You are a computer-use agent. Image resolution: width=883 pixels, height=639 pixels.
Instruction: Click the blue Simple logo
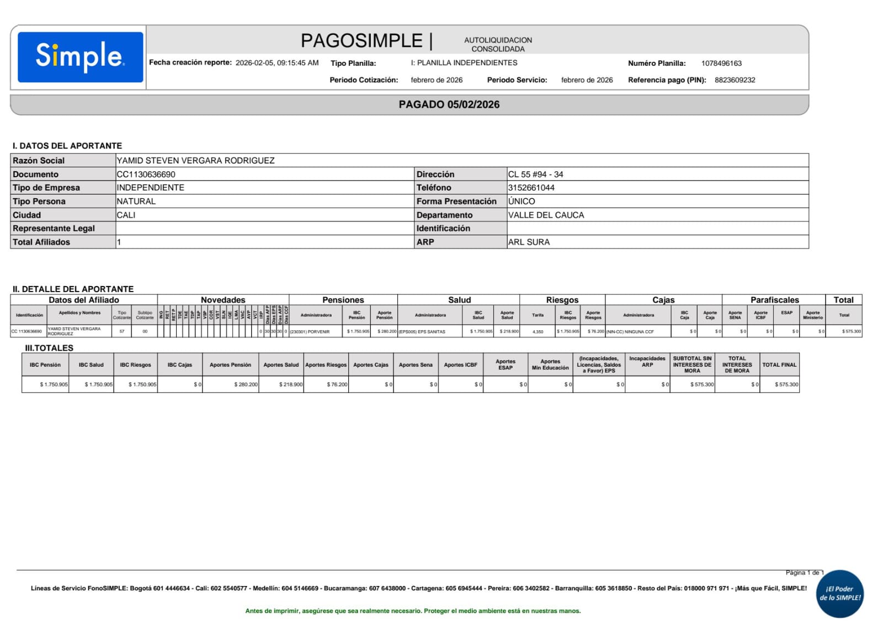(x=80, y=57)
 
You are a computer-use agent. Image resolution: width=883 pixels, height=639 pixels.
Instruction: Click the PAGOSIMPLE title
(x=361, y=41)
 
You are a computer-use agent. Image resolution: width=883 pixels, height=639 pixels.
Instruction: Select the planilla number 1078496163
(x=721, y=64)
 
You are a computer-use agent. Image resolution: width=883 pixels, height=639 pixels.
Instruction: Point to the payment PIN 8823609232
(x=735, y=80)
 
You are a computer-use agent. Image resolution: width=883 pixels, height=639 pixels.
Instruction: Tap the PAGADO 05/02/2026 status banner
(x=449, y=104)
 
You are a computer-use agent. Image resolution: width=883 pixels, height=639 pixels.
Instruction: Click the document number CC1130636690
(x=146, y=175)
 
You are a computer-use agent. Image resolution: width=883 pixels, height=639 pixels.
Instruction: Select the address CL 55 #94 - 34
(x=535, y=175)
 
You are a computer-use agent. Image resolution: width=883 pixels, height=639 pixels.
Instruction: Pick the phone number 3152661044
(x=531, y=188)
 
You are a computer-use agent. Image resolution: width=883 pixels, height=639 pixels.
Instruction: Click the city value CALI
(x=126, y=215)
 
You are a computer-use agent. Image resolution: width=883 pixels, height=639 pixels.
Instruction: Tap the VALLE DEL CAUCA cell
(x=546, y=215)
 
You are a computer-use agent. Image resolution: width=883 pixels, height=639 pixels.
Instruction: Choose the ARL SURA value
(x=529, y=242)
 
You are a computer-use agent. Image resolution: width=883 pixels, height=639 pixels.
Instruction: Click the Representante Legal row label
(x=54, y=229)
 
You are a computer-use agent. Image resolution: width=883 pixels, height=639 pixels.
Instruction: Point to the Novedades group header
(x=223, y=300)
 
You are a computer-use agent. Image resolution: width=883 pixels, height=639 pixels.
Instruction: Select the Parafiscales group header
(x=774, y=300)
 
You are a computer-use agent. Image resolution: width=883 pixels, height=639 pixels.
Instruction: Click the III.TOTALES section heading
(x=49, y=348)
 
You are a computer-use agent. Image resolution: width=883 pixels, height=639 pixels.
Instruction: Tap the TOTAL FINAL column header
(x=779, y=365)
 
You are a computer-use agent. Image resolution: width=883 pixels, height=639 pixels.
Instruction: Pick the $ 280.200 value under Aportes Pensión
(x=246, y=384)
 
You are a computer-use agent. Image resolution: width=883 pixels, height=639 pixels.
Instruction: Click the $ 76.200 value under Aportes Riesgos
(x=337, y=384)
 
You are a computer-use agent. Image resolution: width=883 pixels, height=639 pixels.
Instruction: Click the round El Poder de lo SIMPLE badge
(x=840, y=594)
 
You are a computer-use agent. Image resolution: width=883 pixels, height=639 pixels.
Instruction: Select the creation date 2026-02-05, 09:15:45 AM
(x=277, y=63)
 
